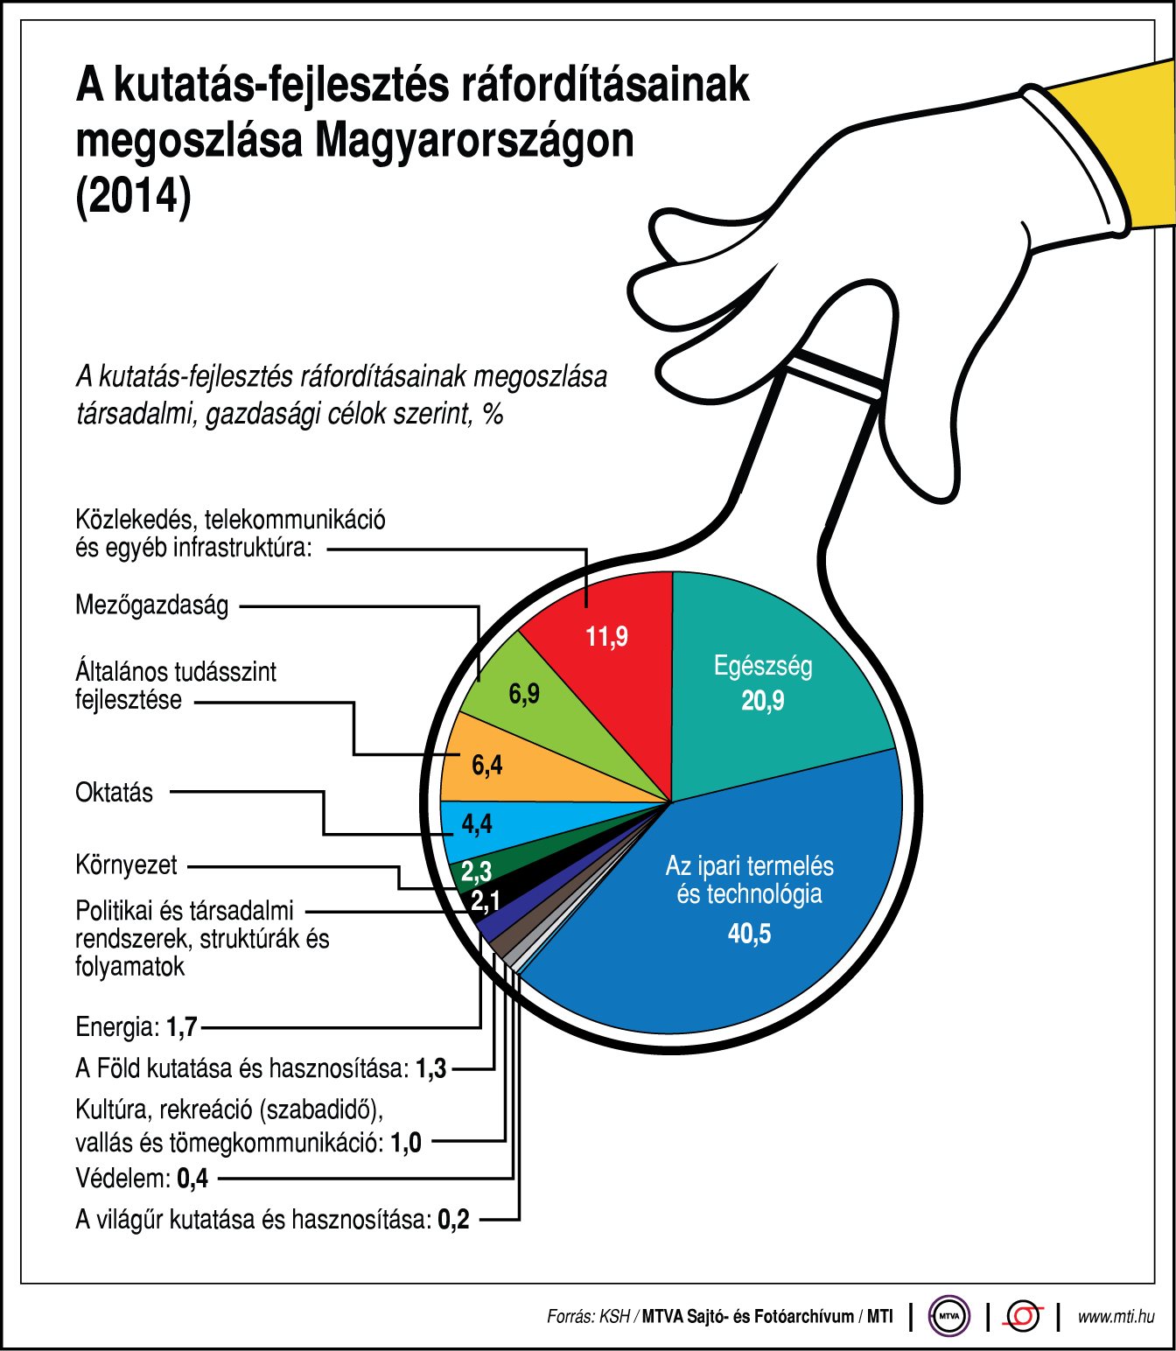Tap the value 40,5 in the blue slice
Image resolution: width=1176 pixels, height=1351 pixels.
click(x=749, y=934)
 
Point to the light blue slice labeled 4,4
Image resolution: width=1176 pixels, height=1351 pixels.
click(x=477, y=824)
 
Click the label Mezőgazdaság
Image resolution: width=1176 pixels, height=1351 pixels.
click(x=152, y=605)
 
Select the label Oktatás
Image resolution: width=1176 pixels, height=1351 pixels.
click(x=114, y=793)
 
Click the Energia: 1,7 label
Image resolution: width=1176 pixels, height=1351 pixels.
click(x=136, y=1026)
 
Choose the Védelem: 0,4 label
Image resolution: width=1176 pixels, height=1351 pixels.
click(x=142, y=1179)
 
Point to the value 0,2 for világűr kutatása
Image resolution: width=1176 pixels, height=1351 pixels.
click(x=453, y=1219)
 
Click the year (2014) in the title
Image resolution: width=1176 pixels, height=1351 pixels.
click(x=133, y=195)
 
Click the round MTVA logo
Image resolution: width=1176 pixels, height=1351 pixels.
click(x=949, y=1315)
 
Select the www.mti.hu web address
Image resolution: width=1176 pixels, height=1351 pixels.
click(x=1116, y=1316)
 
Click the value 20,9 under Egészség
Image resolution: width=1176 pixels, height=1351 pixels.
click(x=763, y=701)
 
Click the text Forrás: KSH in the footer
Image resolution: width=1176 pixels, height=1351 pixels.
click(x=588, y=1316)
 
